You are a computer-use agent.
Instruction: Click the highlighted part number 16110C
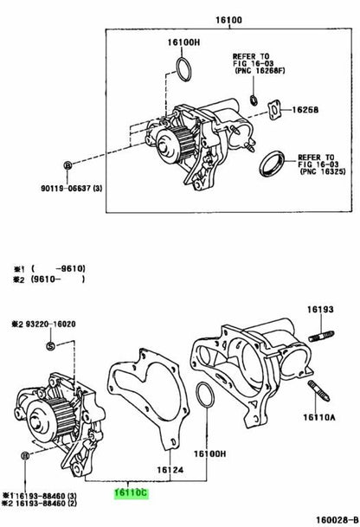pos(131,493)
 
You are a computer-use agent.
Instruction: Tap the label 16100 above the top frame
pos(228,20)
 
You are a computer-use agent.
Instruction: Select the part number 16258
pos(305,110)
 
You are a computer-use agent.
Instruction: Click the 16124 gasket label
pos(170,470)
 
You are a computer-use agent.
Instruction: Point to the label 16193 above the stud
pos(320,309)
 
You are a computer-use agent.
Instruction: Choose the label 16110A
pos(319,417)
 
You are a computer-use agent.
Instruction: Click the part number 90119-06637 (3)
pos(72,189)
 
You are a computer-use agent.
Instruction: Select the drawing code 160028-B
pos(336,519)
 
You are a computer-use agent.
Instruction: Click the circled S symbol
pos(50,346)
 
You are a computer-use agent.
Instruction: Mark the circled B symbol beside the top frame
pos(67,165)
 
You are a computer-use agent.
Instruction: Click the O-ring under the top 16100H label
pos(183,69)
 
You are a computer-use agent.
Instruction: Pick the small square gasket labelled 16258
pos(274,110)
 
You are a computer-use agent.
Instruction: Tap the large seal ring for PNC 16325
pos(272,164)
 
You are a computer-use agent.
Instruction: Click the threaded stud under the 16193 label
pos(321,337)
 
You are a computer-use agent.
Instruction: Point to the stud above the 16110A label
pos(318,391)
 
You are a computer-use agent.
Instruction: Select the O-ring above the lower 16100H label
pos(204,395)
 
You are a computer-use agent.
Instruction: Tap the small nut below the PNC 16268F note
pos(254,100)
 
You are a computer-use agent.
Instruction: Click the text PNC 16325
pos(324,171)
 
